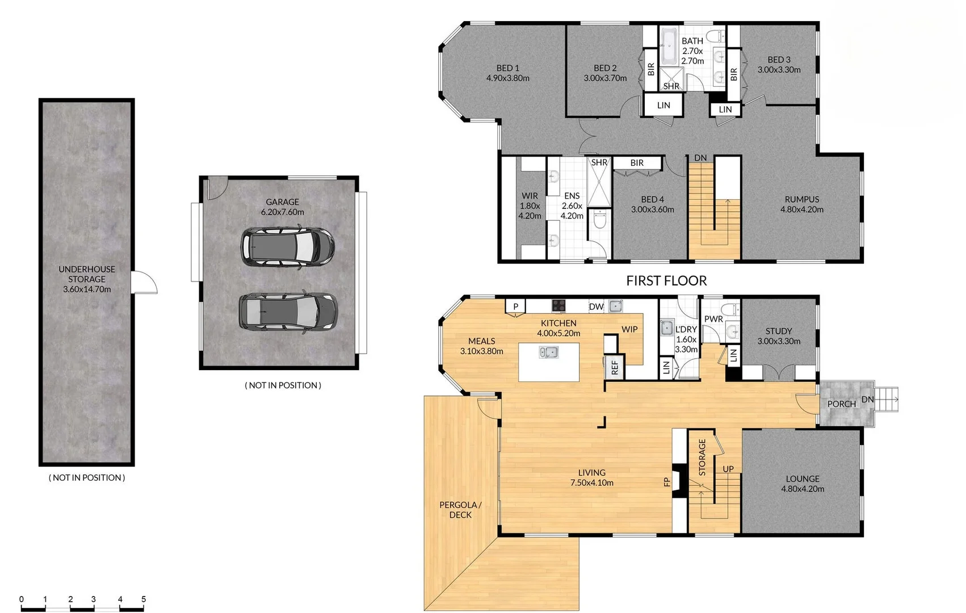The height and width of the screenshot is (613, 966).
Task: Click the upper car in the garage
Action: tap(287, 247)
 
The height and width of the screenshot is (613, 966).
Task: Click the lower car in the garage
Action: tap(288, 312)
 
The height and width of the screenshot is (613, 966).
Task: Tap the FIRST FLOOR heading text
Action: tap(666, 280)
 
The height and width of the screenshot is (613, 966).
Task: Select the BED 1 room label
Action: tap(507, 73)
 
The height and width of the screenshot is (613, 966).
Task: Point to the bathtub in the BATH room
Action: tap(667, 48)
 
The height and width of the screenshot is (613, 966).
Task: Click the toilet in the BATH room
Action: tap(717, 36)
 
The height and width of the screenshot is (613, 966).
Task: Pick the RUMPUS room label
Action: tap(801, 204)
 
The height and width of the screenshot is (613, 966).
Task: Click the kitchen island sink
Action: tap(548, 352)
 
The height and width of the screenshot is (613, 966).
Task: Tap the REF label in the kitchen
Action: tap(615, 368)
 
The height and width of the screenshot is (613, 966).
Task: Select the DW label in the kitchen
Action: tap(596, 306)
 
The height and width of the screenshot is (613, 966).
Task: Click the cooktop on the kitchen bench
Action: tap(559, 306)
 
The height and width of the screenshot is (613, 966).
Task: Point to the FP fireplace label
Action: tap(667, 482)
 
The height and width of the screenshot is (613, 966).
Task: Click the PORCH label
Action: tap(841, 404)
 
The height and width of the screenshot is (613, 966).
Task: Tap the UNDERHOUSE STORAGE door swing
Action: tap(144, 282)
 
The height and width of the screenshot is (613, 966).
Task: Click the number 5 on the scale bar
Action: tap(144, 599)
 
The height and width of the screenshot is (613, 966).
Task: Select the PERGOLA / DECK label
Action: tap(460, 510)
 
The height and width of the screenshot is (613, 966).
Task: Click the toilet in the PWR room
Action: tap(732, 310)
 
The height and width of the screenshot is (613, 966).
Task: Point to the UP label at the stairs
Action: tap(728, 469)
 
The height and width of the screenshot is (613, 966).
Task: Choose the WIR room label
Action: tap(530, 205)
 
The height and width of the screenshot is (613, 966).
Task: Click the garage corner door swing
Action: tap(216, 188)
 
